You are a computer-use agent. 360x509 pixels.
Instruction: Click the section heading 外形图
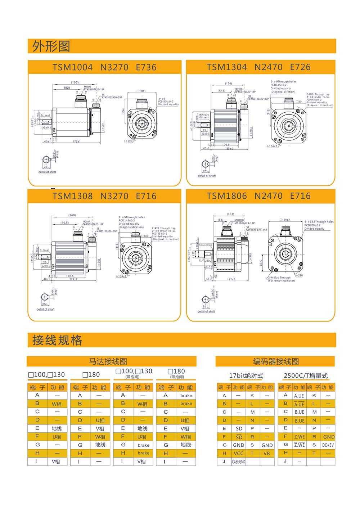[51, 46]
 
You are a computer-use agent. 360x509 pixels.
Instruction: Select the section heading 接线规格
[57, 340]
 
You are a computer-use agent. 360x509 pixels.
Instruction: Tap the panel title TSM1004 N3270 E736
[104, 67]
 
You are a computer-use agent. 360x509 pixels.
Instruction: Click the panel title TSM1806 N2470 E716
[258, 196]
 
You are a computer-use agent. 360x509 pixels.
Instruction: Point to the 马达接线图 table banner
[108, 361]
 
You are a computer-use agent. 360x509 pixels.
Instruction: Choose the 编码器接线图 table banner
[276, 361]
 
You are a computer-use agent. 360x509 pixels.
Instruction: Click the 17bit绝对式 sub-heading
[246, 376]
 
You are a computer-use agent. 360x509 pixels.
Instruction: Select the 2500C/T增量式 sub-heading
[306, 376]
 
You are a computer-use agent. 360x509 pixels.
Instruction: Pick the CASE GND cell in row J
[238, 461]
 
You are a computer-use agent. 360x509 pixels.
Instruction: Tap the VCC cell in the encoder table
[238, 453]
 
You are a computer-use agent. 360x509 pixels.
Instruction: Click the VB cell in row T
[266, 453]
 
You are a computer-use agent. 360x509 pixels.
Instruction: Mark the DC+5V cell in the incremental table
[328, 445]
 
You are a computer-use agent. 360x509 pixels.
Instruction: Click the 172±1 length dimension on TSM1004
[77, 141]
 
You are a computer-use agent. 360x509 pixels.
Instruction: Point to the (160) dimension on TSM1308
[72, 215]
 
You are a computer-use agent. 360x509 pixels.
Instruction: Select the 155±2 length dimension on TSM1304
[229, 148]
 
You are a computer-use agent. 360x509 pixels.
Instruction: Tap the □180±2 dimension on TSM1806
[285, 219]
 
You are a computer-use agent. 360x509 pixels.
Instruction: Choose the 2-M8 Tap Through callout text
[279, 278]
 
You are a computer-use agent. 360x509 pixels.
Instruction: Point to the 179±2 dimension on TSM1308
[73, 279]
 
